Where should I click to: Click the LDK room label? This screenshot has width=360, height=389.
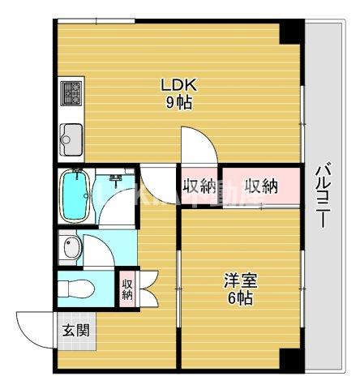coord(179,84)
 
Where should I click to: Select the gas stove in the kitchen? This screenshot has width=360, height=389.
coord(70,96)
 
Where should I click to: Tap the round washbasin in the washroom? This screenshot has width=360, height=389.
coord(71,250)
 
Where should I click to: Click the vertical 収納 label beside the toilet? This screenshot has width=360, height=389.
coord(127,288)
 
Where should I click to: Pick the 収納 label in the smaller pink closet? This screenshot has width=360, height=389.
coord(199,187)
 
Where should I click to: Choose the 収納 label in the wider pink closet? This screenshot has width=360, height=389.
coord(261,187)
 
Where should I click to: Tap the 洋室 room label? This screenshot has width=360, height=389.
coord(241,281)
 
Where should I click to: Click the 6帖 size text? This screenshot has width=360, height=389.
coord(241,298)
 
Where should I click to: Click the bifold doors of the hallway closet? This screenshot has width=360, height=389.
coord(147,288)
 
